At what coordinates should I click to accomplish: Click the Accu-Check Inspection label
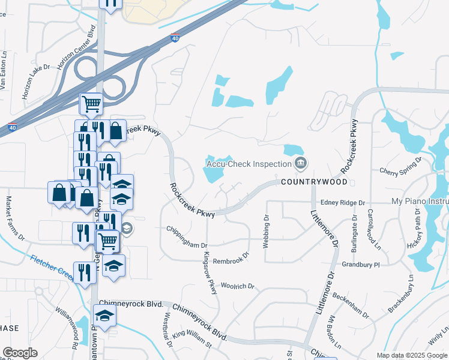point(248,163)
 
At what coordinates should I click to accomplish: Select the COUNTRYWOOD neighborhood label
point(313,181)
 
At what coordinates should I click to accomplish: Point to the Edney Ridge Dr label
point(343,203)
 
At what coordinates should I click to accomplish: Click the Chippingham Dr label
point(187,245)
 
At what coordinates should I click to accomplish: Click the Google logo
point(20,353)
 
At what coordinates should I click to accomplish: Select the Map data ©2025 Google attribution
point(411,355)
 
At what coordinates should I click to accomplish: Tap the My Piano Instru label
point(420,202)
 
